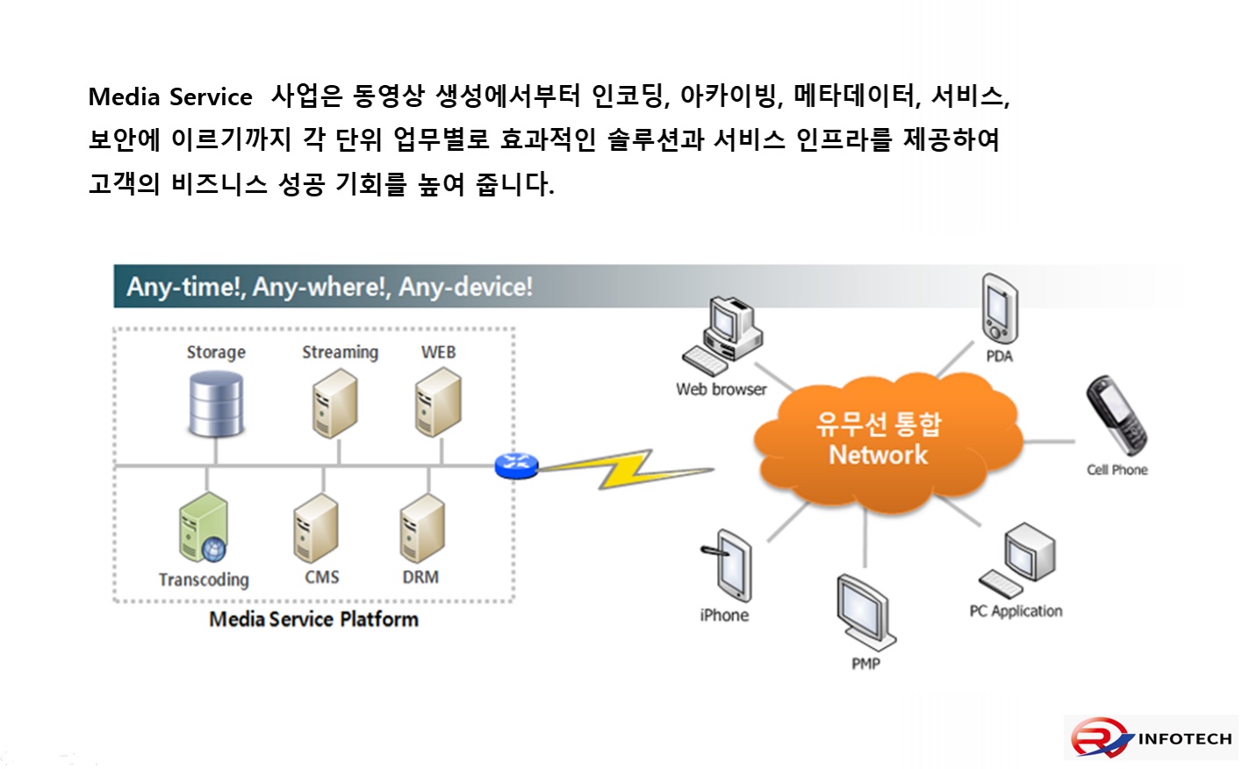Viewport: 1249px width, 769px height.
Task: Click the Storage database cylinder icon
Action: tap(216, 404)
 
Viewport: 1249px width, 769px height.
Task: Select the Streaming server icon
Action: tap(335, 403)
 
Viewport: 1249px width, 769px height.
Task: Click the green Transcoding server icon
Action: tap(204, 529)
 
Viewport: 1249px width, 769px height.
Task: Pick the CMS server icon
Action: tap(316, 529)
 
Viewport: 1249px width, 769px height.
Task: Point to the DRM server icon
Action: tap(422, 529)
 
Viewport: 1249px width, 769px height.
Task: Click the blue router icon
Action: tap(515, 465)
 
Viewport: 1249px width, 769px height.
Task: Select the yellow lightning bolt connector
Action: tap(625, 469)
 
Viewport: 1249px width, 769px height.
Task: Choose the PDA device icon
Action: tap(1000, 310)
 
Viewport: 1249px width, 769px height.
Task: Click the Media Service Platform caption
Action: tap(313, 619)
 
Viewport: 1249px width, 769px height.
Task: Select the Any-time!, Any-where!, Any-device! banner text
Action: tap(329, 287)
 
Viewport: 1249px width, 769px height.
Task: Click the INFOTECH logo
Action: tap(1152, 737)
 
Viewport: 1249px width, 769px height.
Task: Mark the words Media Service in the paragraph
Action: tap(170, 96)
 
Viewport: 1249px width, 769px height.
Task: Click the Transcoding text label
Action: tap(204, 580)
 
